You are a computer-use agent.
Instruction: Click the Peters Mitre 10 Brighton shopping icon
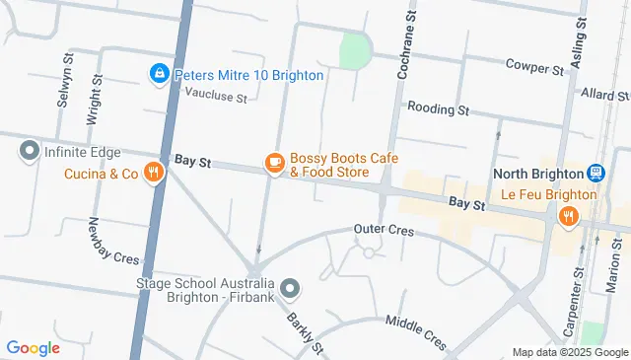pos(158,74)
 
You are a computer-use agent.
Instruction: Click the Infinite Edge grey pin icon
pos(28,152)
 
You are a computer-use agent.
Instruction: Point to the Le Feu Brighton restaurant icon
pos(568,216)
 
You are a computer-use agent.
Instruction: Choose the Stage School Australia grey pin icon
pos(289,288)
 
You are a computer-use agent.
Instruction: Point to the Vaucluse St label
pos(216,95)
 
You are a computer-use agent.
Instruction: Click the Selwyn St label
pos(61,86)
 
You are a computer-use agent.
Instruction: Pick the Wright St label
pos(94,99)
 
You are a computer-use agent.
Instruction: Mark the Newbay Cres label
pos(114,241)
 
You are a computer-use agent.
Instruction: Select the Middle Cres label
pos(416,327)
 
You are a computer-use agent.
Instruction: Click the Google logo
pos(34,347)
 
